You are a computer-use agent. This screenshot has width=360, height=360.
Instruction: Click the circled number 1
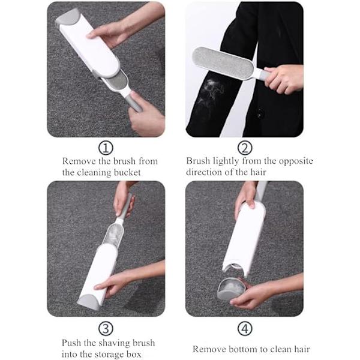pos(106,148)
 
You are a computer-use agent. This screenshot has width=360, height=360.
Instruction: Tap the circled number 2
pos(245,148)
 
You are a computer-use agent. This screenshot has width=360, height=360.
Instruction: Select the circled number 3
pos(106,328)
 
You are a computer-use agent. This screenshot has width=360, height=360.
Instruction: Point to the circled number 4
pos(245,328)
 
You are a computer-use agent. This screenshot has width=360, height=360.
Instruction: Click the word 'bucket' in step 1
pos(127,172)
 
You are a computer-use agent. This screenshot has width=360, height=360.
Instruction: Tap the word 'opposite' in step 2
pos(296,161)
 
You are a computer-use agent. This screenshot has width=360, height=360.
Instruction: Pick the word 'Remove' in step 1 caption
pos(79,161)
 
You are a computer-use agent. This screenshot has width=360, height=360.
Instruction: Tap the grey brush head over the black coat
pos(223,62)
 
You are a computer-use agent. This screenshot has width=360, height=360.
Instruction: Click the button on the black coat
pos(260,113)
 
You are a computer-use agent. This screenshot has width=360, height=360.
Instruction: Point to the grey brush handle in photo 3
pos(126,205)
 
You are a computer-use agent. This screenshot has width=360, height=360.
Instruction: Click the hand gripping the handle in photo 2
pos(283,79)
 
